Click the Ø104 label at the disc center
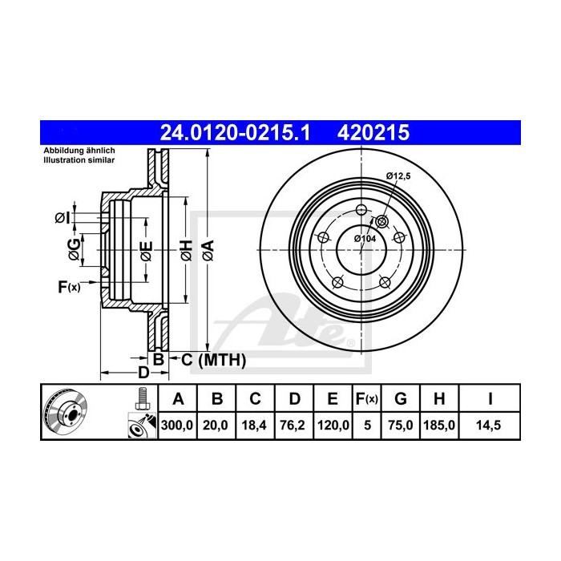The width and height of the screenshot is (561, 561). (x=365, y=238)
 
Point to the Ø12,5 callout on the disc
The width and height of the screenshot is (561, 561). (x=398, y=176)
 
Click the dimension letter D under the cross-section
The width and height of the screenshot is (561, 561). (x=143, y=373)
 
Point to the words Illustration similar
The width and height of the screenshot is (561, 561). (x=78, y=160)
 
